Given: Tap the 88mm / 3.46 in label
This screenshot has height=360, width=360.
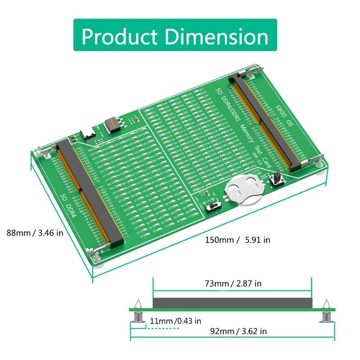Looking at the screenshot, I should (x=35, y=233).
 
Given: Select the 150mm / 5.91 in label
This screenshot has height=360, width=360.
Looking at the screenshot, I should (x=238, y=240).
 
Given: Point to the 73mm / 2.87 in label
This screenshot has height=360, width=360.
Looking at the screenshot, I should (x=232, y=283).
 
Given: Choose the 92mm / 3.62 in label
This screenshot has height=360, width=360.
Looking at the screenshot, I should (x=239, y=331).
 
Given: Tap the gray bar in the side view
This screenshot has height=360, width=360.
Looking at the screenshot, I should (x=232, y=303).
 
